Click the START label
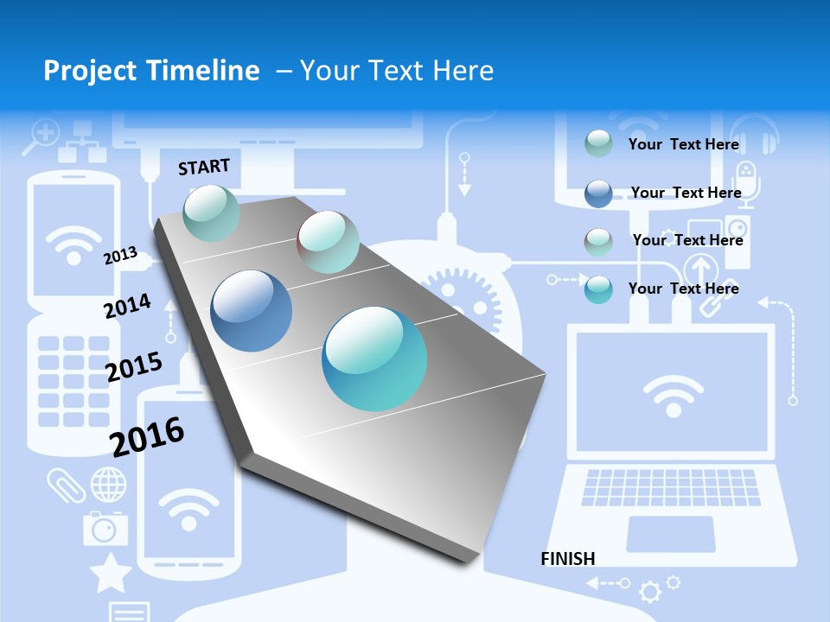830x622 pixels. (x=204, y=167)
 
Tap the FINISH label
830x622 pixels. (x=568, y=559)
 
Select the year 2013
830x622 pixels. (x=120, y=255)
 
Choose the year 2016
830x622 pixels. (x=147, y=437)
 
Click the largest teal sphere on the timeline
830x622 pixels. (x=374, y=359)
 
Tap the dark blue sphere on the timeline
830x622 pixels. (x=252, y=311)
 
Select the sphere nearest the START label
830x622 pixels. (x=212, y=213)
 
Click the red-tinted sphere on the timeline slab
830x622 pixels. (x=328, y=242)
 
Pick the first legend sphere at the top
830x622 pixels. (x=598, y=143)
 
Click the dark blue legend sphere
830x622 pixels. (x=598, y=194)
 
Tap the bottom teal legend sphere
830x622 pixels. (x=598, y=289)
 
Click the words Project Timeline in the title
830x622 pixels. (x=151, y=71)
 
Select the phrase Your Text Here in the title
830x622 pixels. (x=397, y=71)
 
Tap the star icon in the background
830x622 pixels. (x=111, y=573)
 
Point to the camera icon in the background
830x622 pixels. (x=105, y=527)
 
